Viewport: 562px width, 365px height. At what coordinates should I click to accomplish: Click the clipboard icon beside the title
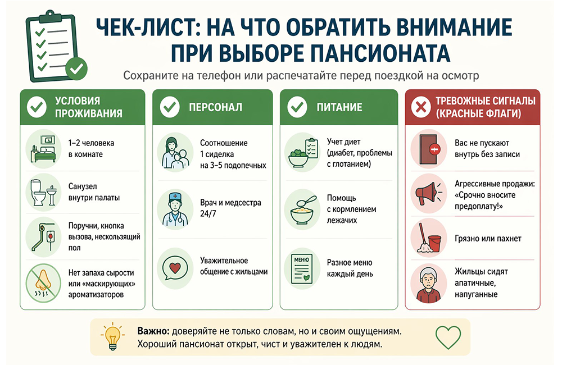tap(56, 46)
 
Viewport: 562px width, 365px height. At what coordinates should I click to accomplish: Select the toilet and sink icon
tap(43, 193)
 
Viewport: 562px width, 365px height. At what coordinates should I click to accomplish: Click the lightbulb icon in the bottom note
tap(113, 336)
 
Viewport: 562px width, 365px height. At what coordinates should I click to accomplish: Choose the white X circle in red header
tap(421, 107)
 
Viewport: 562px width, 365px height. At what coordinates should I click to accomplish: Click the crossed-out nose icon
tap(43, 284)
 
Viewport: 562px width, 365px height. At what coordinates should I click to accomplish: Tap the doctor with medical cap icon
tap(175, 209)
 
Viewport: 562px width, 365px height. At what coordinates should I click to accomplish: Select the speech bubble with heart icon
tap(175, 268)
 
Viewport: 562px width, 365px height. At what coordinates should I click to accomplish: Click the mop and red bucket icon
tap(429, 238)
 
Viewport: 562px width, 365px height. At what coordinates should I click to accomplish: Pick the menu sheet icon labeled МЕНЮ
tap(301, 268)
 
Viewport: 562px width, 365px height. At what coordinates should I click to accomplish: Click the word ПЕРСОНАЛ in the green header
tap(215, 107)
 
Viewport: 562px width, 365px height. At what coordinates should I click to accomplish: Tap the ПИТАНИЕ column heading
tap(339, 107)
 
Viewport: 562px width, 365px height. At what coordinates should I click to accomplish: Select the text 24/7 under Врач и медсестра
tap(209, 214)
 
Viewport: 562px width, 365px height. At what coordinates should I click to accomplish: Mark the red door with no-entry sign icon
tap(429, 149)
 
